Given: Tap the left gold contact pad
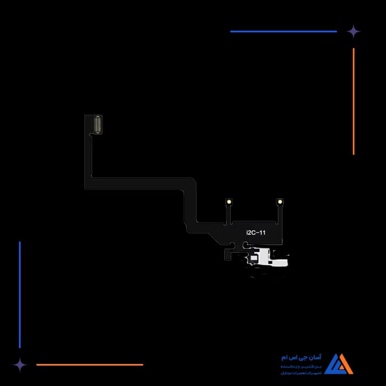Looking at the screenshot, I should coord(229,202).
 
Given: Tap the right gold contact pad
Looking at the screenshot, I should coord(280,202).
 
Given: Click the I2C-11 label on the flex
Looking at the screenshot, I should coord(255,233).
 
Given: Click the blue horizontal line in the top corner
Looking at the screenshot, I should coord(283,31).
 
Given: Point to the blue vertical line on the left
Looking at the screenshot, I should coord(20,294).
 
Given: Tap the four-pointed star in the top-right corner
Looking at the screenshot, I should coord(353,31).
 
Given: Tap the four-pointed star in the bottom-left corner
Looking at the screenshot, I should coord(20,364).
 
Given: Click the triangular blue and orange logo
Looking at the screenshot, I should coord(338,364).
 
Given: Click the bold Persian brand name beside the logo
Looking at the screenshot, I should coord(304,358).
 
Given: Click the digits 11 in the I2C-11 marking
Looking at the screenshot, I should coord(262,233).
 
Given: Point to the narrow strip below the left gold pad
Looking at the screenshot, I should coord(227,215).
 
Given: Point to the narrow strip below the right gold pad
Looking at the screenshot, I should coord(278,215).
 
